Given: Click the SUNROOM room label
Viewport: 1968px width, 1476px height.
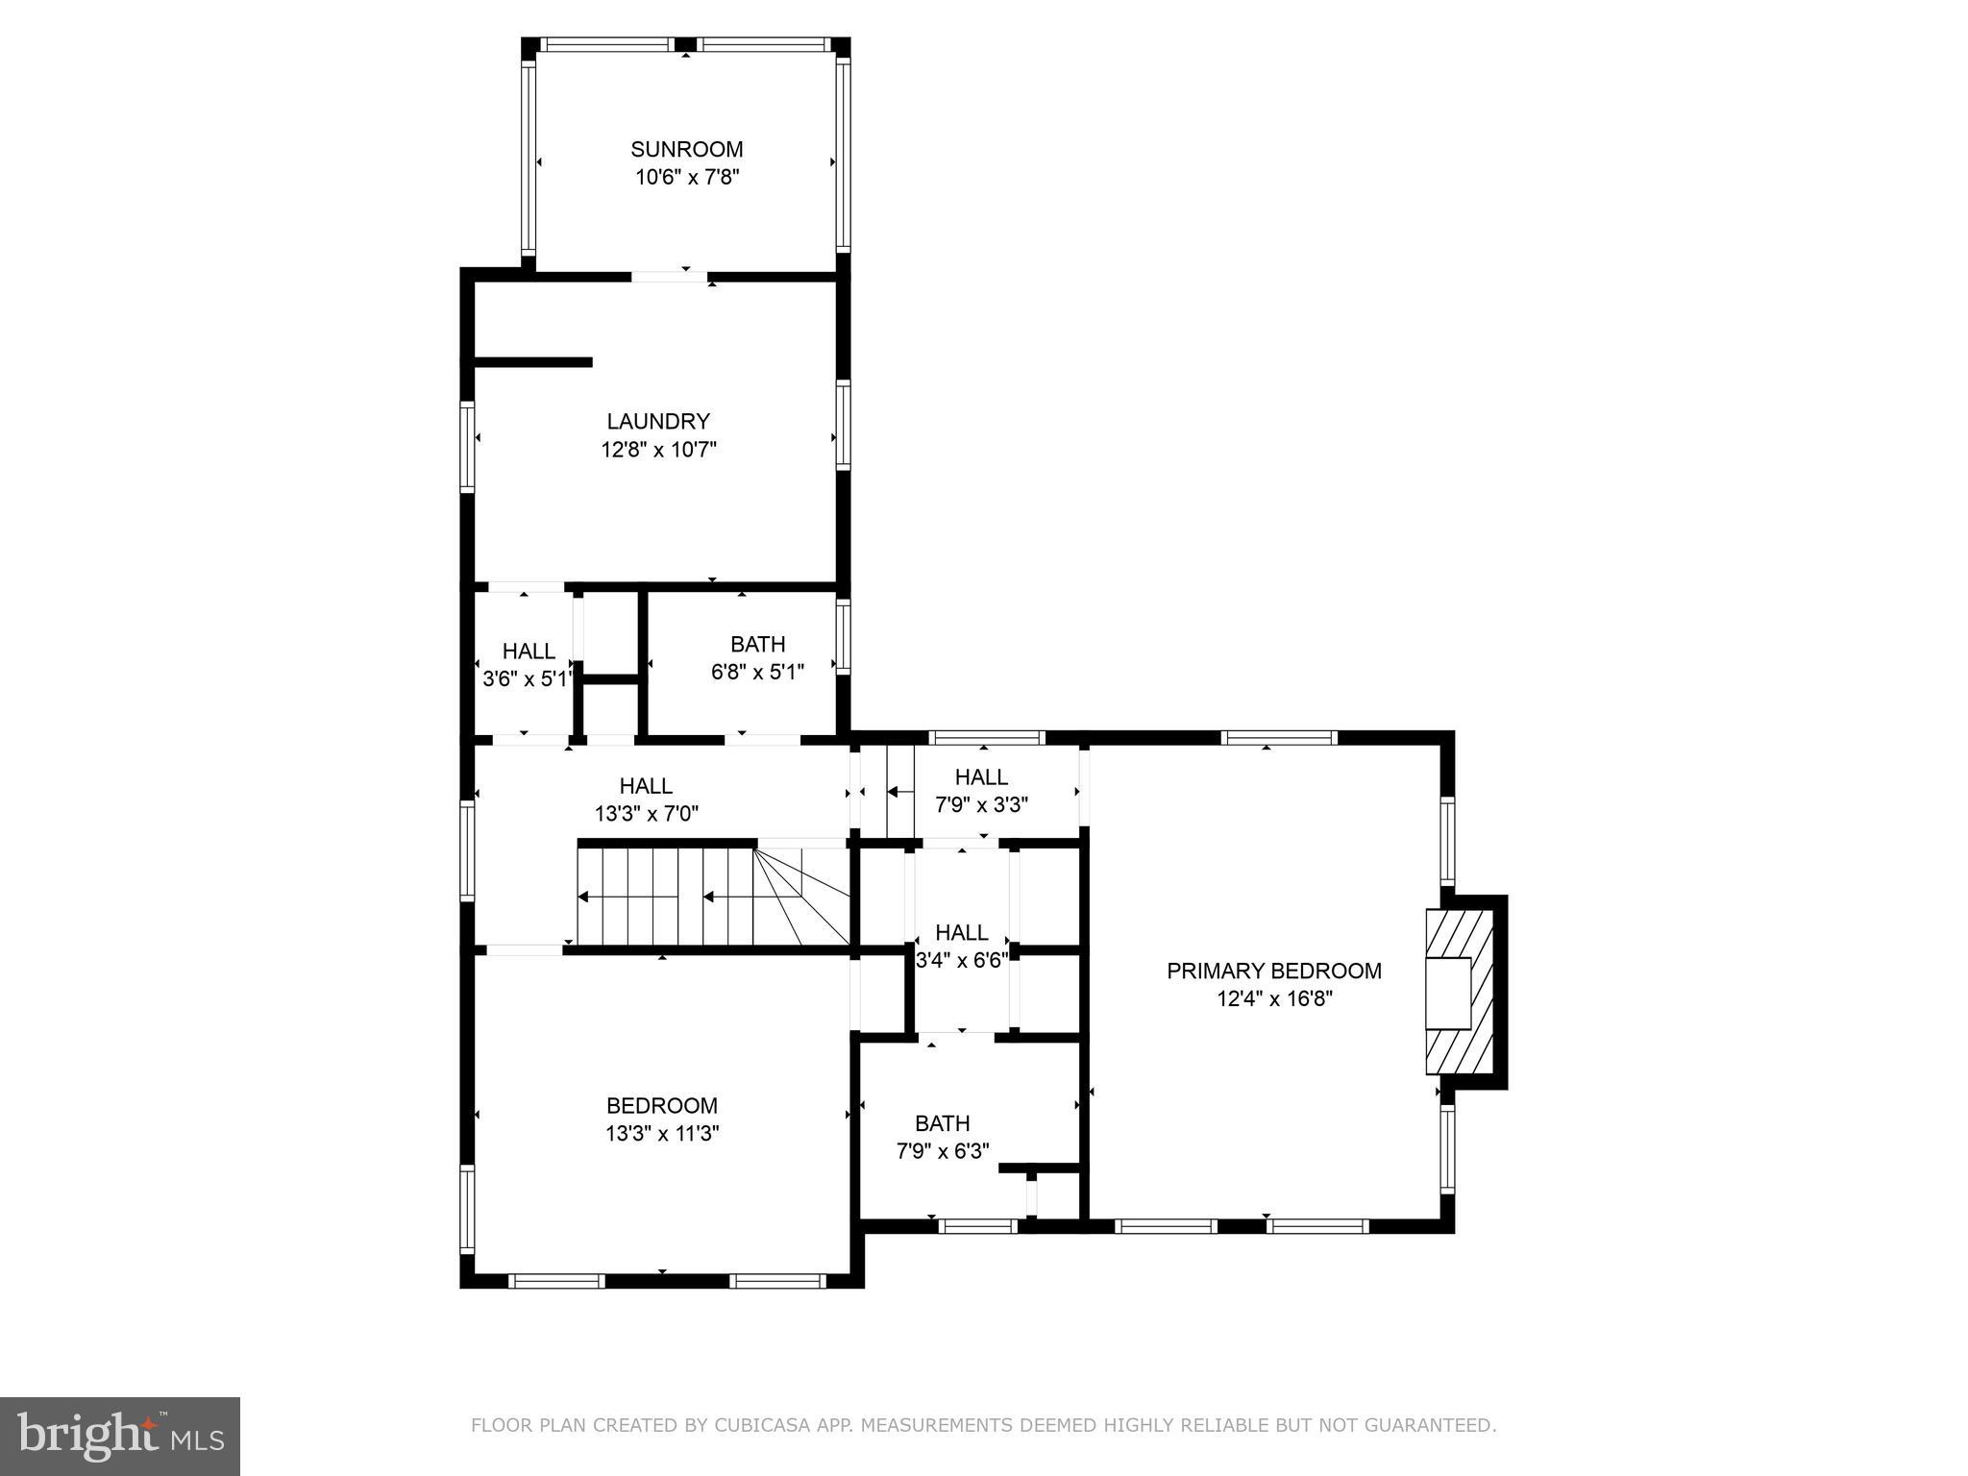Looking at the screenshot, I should coord(686,149).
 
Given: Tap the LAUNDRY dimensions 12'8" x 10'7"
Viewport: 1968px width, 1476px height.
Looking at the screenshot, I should coord(659,450).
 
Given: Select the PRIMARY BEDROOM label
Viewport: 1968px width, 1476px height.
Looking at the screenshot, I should coord(1274,971).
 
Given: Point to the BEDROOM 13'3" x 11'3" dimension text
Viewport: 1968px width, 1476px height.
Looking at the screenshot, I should coord(662,1134).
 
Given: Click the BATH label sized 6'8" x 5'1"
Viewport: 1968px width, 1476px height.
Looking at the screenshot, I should coord(757,644).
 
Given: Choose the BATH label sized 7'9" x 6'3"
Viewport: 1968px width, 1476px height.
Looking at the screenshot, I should coord(942,1122).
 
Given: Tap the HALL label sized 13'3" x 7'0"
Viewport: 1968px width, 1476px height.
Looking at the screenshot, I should coord(646,786).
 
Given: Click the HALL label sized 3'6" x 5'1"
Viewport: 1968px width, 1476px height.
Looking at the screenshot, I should coord(529,652).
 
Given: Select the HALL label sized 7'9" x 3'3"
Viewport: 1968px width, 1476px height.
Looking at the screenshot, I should coord(981,776).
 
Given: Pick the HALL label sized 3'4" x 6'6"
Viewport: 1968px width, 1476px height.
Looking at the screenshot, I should coord(961,932).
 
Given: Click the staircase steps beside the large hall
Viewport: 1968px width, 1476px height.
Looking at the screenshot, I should coord(673,896).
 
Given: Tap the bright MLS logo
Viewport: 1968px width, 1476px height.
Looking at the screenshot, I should coord(120,1437).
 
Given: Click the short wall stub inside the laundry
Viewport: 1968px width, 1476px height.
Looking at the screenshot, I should coord(533,362).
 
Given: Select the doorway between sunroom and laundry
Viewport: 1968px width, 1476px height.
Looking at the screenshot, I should coord(670,277).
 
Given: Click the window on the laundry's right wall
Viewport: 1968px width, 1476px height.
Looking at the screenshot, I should coord(843,425).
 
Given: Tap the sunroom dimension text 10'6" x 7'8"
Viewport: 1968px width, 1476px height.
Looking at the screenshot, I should coord(686,178).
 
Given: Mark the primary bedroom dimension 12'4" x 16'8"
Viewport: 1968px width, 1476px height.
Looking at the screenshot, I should coord(1274,999).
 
